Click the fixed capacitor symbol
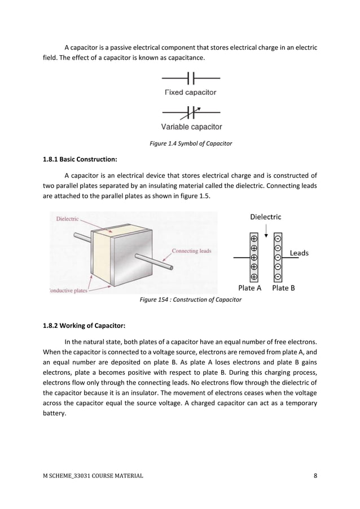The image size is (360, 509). pos(191,77)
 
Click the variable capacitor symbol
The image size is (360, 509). pos(191,111)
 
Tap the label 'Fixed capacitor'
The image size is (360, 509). pos(190,92)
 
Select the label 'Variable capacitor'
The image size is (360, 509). pos(191,127)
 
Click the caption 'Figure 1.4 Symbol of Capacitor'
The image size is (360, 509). pos(191,144)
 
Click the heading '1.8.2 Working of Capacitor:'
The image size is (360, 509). pos(84,326)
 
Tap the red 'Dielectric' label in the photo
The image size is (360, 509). pos(67,219)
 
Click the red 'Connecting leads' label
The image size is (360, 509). pos(192,251)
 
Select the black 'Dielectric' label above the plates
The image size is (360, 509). pos(265,216)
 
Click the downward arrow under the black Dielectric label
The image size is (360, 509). pos(266,227)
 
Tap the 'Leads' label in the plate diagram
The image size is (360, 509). pos(299,253)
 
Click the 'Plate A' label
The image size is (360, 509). pos(250,288)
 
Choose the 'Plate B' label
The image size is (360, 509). pos(283,288)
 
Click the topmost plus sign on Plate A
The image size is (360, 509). pos(254,238)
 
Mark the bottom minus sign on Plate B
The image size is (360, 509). pos(278,277)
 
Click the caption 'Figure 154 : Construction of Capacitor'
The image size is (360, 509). pos(191,300)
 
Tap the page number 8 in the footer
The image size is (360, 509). pos(315,476)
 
